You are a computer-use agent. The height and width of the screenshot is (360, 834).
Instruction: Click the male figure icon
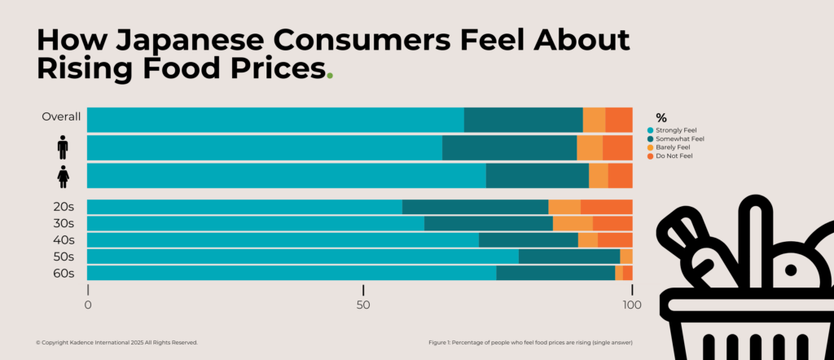point(63,147)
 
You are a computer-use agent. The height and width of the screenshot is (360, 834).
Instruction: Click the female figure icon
point(63,176)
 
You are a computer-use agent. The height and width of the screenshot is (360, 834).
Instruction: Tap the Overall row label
point(61,116)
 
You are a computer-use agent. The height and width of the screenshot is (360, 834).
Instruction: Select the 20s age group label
point(64,207)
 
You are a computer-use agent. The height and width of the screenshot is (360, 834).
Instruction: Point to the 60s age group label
point(64,273)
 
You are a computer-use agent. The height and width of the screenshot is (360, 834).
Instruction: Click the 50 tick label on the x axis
point(363,305)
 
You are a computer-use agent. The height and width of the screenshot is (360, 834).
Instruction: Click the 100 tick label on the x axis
point(631,305)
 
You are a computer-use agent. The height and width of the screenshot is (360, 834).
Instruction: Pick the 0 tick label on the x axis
point(88,305)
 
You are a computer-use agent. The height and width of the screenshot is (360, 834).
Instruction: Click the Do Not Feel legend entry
point(672,156)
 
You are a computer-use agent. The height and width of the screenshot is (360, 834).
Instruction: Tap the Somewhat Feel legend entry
point(676,138)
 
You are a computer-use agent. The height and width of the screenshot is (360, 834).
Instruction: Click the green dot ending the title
point(329,76)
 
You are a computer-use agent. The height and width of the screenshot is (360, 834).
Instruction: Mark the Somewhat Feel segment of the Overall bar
point(523,120)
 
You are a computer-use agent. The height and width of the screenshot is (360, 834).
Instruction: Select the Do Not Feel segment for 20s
point(606,207)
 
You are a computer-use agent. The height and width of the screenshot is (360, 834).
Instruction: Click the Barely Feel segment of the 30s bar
point(573,223)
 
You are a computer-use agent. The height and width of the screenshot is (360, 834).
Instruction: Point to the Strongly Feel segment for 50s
point(302,257)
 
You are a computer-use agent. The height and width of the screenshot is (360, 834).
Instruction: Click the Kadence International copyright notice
point(116,342)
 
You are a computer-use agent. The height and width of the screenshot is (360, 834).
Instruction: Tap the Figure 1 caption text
point(529,342)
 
